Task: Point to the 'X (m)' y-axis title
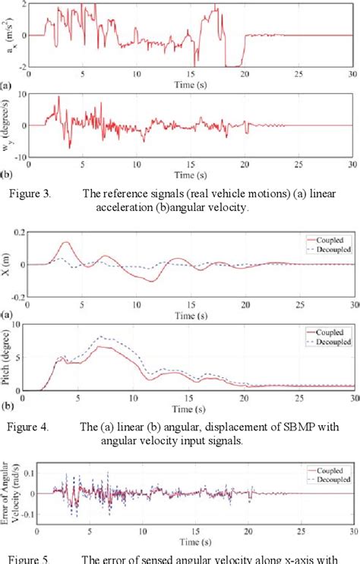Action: click(x=8, y=265)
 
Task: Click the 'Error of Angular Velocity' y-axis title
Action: click(x=10, y=494)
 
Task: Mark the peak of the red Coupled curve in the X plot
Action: click(x=66, y=243)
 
